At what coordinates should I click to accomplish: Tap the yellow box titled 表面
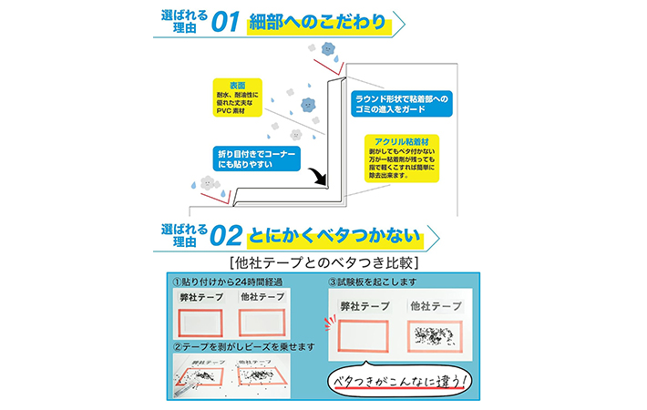(237, 98)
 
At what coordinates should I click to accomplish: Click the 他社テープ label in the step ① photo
(261, 296)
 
